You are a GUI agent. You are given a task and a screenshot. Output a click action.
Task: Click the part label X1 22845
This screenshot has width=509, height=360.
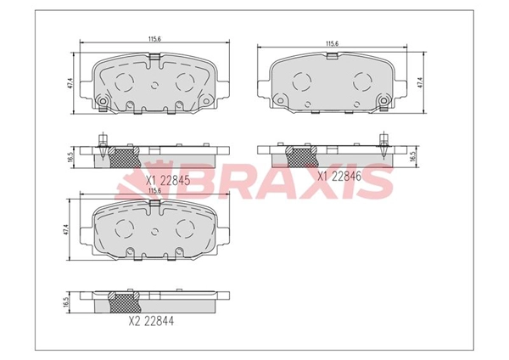pos(167,180)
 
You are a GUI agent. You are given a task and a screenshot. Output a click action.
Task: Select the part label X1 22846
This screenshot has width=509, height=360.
pos(338,177)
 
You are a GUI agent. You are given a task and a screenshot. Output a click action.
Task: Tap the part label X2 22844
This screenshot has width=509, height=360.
pos(151,321)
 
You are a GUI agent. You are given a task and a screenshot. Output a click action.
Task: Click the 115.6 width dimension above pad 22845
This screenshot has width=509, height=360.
pos(155,39)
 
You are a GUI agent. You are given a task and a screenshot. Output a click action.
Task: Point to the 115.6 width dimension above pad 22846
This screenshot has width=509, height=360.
pos(332,44)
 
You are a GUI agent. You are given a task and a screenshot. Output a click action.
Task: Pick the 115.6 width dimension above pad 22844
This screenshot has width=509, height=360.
pos(155,190)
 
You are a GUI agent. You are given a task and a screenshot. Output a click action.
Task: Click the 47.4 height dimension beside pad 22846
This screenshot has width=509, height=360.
pos(421,82)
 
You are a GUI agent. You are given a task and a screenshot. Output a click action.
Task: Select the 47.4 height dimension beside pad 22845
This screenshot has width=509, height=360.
pos(70,83)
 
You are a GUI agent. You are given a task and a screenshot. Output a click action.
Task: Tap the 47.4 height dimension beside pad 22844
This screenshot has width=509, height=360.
pos(66,230)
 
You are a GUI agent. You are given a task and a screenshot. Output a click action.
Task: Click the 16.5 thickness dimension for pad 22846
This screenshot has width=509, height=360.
pos(413,156)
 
